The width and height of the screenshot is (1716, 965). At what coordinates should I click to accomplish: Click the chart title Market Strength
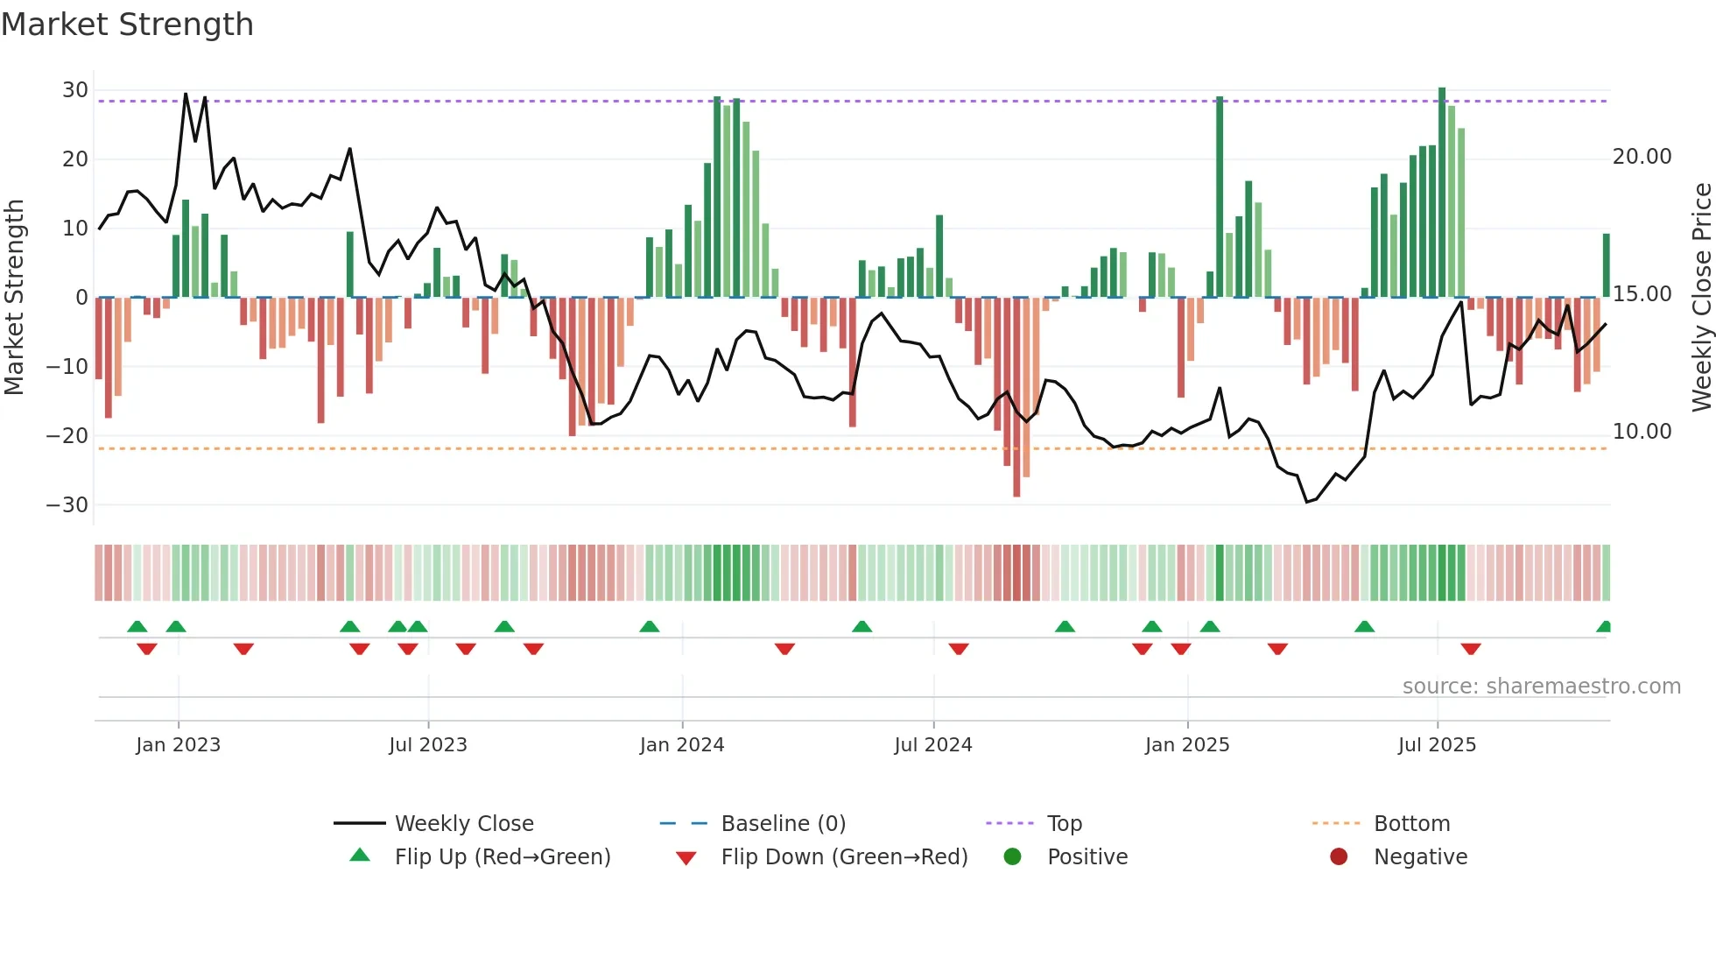tap(127, 25)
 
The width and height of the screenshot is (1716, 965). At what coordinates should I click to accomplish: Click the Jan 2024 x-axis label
tap(682, 745)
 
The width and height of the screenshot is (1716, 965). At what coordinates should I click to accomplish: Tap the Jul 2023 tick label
tap(428, 745)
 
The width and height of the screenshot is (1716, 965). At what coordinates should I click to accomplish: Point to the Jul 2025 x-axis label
tap(1437, 745)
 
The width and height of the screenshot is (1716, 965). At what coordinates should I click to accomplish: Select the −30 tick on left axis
tap(67, 505)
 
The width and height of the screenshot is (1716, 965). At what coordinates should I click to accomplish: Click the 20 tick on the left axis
tap(74, 159)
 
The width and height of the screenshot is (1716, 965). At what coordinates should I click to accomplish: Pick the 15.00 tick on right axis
tap(1642, 294)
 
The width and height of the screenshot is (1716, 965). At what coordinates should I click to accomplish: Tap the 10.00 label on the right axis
tap(1642, 432)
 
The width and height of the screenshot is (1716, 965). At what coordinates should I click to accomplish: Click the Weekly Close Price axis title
tap(1701, 297)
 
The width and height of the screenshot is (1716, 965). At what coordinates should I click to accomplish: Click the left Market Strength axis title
tap(14, 297)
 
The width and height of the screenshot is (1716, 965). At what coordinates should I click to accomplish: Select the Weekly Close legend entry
tap(463, 824)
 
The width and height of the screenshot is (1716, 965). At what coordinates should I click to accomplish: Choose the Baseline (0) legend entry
tap(783, 824)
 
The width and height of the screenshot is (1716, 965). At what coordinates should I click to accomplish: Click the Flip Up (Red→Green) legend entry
tap(502, 857)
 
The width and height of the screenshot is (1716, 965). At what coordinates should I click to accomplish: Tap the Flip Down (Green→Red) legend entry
tap(844, 857)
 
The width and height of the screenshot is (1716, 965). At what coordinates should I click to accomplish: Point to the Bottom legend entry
tap(1411, 824)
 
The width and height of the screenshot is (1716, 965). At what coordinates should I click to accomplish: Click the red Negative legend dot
tap(1339, 857)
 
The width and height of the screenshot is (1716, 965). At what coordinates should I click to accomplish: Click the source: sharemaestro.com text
tap(1541, 687)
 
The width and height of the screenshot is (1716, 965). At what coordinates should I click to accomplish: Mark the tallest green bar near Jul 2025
tap(1442, 193)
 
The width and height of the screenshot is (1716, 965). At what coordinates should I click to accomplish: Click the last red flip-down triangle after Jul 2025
tap(1471, 649)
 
